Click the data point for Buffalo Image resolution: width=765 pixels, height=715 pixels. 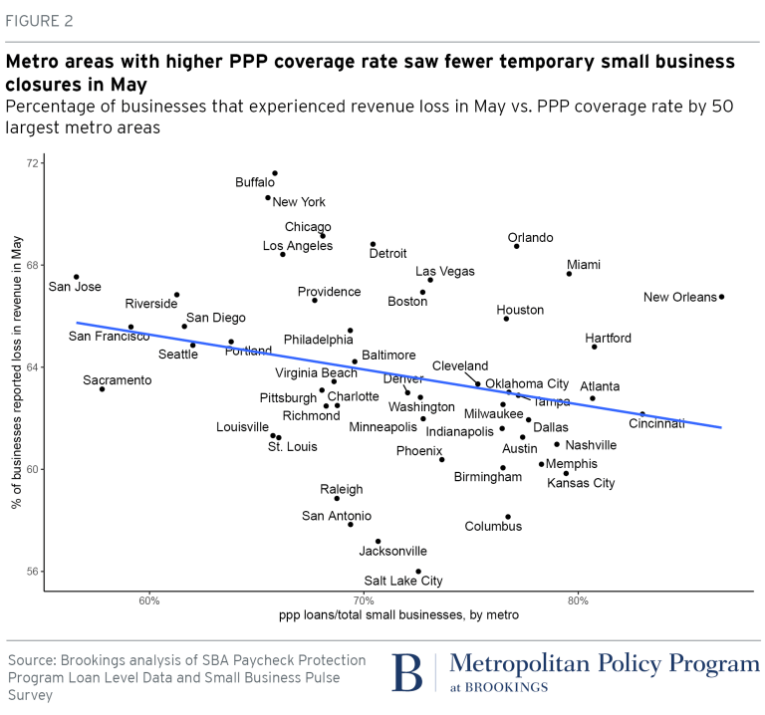(x=275, y=173)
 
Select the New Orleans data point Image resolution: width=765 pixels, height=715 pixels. (x=721, y=297)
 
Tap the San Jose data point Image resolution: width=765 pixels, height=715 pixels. (x=77, y=277)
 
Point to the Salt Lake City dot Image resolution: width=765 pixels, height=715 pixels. (x=418, y=572)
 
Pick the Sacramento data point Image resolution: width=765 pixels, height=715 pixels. (x=103, y=389)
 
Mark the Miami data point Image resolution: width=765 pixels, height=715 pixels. (x=570, y=274)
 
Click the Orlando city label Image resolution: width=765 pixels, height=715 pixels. (x=530, y=238)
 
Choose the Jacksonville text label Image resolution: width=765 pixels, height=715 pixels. (x=392, y=551)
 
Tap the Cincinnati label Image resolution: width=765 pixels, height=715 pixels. (x=656, y=424)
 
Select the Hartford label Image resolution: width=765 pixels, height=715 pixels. (x=608, y=338)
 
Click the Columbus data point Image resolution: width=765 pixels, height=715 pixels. (x=508, y=517)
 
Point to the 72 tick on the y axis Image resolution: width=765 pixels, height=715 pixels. (x=33, y=162)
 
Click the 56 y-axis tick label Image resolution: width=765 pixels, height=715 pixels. (x=33, y=572)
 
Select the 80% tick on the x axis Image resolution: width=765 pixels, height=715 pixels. (x=579, y=600)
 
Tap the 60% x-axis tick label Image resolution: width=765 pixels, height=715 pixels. (x=149, y=600)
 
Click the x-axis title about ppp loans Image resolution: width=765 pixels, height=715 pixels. (x=399, y=616)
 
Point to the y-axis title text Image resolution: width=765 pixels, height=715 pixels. (x=17, y=379)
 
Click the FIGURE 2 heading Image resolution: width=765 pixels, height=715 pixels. (x=40, y=21)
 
